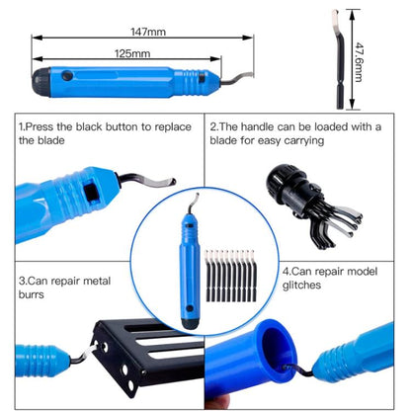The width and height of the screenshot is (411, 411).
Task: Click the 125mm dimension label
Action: pos(132,53)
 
